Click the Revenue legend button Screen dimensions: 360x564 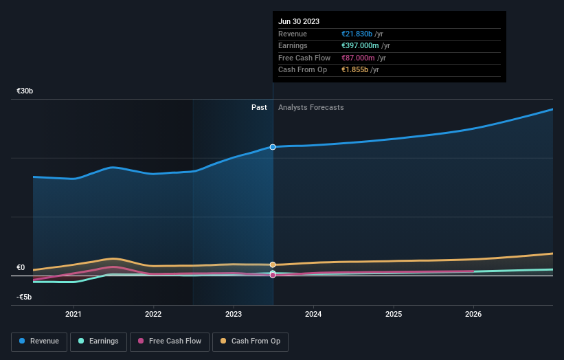(x=39, y=341)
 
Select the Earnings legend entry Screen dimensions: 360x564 (x=98, y=341)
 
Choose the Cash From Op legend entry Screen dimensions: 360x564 (x=250, y=341)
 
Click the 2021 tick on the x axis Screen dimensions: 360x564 (x=73, y=314)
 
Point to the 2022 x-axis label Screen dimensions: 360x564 (x=153, y=314)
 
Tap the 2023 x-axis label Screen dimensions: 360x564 (x=234, y=314)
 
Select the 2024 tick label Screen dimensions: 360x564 (x=313, y=314)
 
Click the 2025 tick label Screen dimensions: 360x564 (x=394, y=314)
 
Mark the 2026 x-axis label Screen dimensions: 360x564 (x=473, y=314)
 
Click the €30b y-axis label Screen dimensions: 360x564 (x=25, y=91)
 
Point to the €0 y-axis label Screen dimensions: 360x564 (x=21, y=267)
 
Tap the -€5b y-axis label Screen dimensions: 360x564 (x=25, y=297)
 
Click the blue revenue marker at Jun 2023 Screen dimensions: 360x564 (x=273, y=147)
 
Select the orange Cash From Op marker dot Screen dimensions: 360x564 (x=273, y=265)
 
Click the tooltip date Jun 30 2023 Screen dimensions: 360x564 (x=299, y=21)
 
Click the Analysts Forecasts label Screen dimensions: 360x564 (x=311, y=107)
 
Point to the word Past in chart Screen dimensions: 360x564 (x=259, y=107)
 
